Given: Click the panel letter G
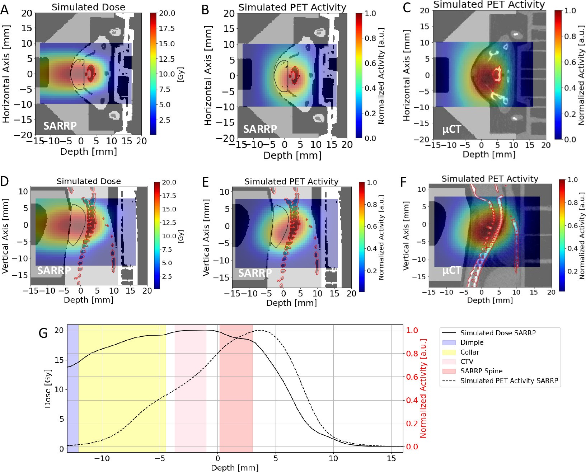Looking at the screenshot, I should [43, 333].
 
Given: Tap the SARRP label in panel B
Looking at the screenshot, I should [260, 129].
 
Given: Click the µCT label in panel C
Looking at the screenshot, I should [451, 129].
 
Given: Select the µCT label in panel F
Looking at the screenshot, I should [451, 270].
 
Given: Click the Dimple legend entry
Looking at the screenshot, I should [472, 342].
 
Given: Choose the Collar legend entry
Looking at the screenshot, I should [470, 352].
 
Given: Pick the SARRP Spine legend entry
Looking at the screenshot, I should [481, 371].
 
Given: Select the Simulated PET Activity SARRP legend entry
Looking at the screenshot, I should [509, 380].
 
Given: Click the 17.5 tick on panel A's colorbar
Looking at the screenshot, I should [167, 28].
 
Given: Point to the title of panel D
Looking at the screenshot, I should [89, 181].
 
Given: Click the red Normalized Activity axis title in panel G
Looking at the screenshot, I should [423, 388].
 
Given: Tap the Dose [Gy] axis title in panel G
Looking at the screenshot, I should [47, 388].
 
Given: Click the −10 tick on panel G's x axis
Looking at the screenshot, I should [102, 459].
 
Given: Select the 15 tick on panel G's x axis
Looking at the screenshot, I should [392, 459].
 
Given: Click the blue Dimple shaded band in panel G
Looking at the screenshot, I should [73, 388].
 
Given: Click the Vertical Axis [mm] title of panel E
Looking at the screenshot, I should [206, 237].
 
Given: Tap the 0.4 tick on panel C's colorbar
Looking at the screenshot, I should [570, 88].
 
